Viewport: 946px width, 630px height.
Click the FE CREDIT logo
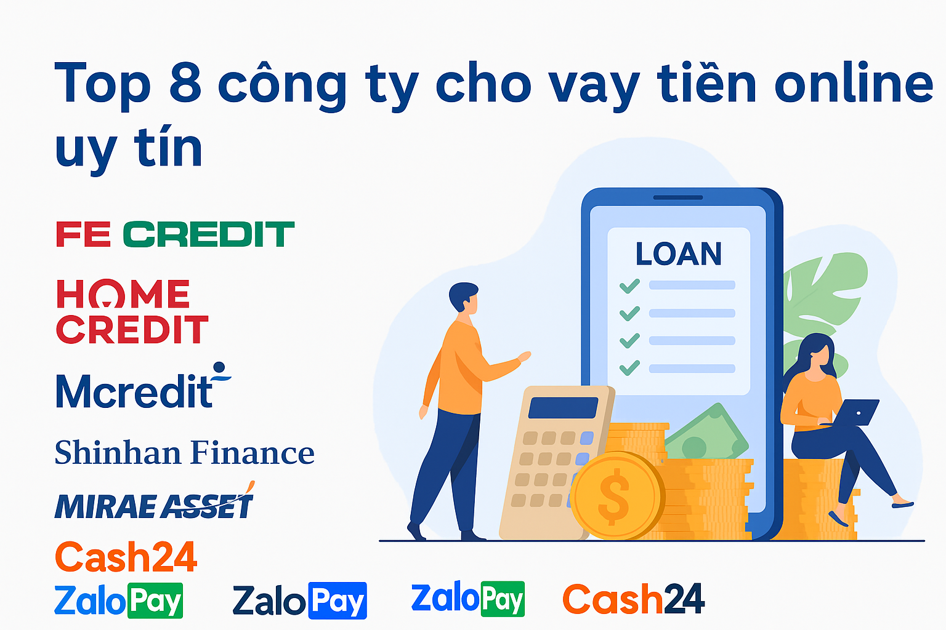175,234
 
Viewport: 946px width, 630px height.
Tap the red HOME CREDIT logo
132,311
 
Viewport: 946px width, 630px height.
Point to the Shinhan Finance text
184,453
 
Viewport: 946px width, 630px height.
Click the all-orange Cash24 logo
126,557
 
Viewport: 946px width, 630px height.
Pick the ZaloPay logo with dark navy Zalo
300,600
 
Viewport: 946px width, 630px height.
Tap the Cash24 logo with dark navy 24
633,599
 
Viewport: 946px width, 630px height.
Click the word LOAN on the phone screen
678,254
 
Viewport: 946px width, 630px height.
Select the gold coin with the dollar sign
616,496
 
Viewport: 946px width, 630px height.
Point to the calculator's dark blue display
563,408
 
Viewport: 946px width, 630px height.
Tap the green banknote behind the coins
708,434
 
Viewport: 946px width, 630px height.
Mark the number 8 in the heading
185,83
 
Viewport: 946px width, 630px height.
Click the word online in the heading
854,83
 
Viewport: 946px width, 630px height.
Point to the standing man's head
464,298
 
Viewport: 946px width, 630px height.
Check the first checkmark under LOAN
629,285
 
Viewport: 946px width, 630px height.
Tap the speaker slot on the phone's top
677,197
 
